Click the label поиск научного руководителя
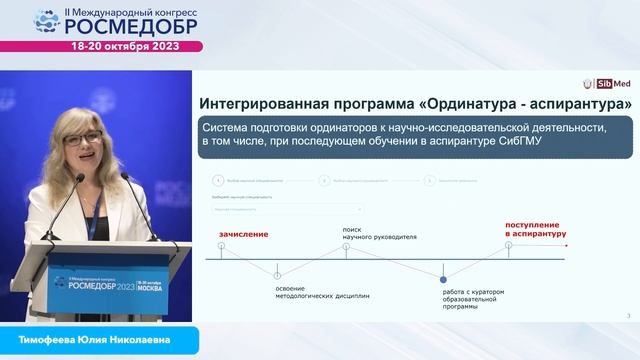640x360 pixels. pos(377,237)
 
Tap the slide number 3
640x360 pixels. pos(627,316)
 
